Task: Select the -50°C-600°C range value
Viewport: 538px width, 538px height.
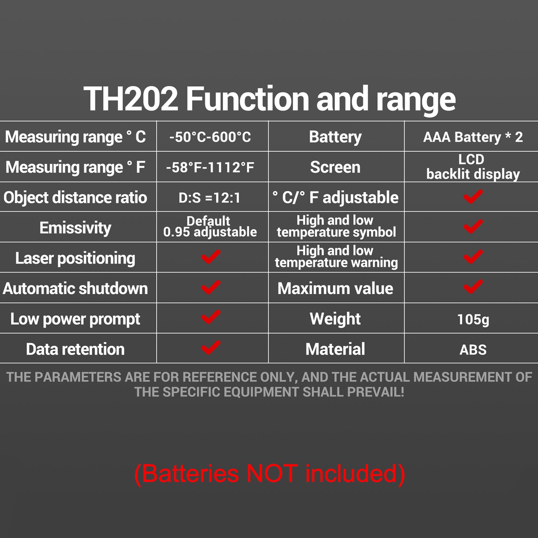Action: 210,137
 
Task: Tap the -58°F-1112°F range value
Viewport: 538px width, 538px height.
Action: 210,167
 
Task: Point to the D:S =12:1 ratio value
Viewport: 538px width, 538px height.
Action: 210,198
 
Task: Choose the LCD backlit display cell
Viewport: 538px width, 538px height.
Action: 473,167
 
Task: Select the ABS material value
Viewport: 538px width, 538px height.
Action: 473,350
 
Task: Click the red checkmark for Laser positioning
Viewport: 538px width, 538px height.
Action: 211,257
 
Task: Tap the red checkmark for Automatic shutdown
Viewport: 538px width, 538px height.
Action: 211,287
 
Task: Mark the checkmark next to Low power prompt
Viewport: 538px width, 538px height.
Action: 211,318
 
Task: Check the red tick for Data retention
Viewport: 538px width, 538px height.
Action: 211,348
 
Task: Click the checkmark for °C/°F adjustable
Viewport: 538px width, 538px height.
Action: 473,197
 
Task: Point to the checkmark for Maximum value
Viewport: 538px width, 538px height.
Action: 473,287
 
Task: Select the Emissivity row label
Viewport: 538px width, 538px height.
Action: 75,228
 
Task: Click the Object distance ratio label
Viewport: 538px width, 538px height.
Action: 75,198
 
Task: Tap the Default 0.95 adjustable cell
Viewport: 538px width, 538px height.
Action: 210,226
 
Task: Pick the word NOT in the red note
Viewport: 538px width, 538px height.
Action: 272,473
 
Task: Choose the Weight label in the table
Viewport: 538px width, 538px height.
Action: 335,319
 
